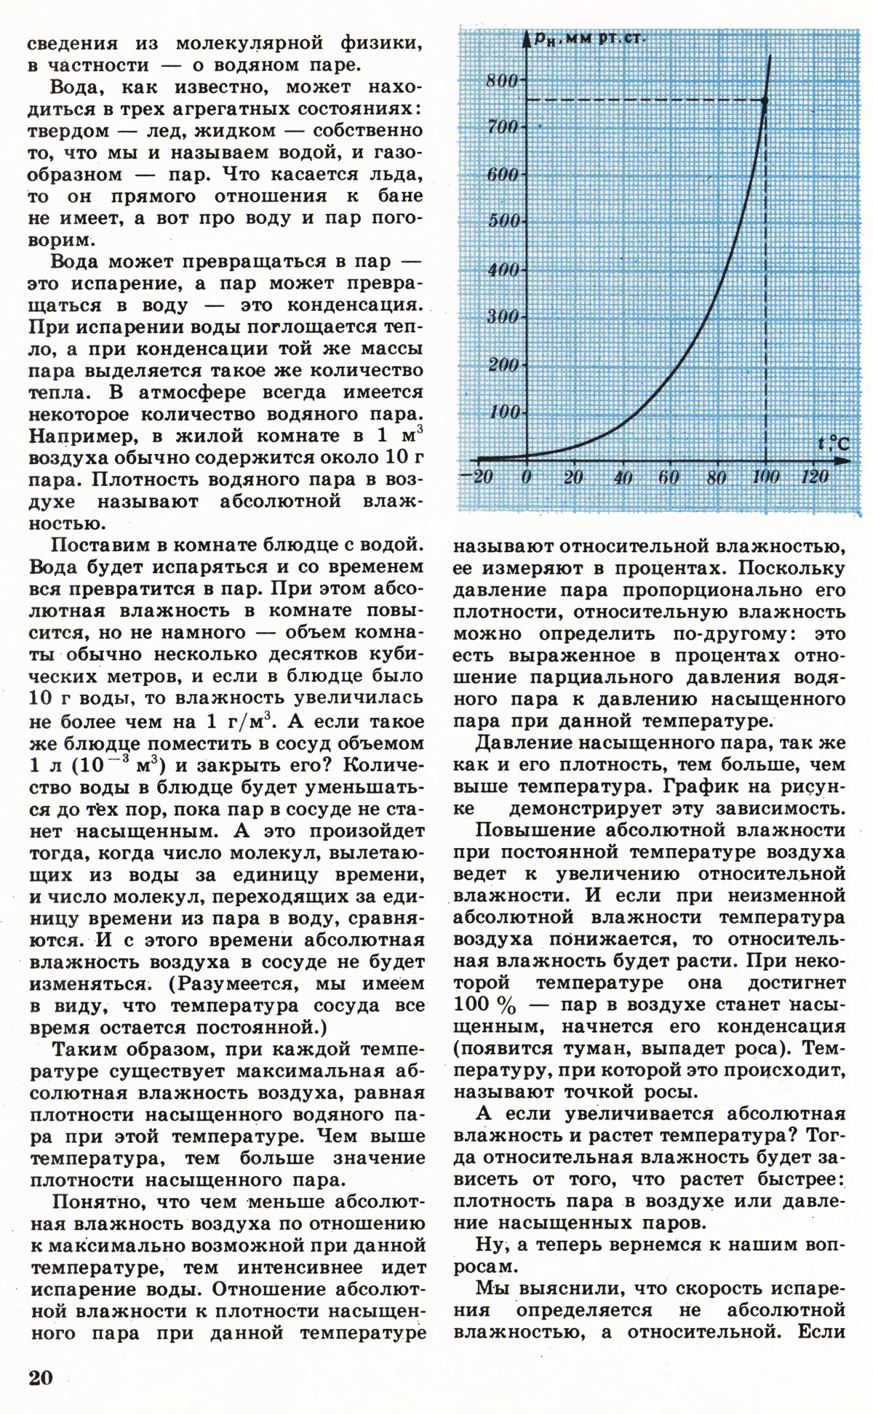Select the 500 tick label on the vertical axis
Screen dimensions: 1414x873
[502, 222]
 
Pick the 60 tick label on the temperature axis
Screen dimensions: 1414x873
[669, 477]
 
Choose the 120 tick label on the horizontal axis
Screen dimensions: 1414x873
[814, 477]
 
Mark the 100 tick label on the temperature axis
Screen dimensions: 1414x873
[765, 477]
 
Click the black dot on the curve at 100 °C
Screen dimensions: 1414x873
[765, 100]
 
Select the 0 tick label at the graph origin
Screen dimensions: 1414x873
[527, 477]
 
